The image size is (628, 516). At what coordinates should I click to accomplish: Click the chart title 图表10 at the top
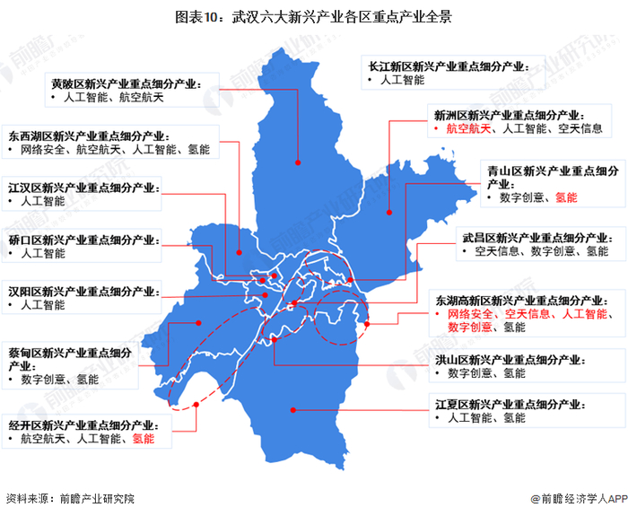[x=313, y=16]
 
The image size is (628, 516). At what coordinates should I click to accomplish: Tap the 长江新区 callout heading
[x=443, y=66]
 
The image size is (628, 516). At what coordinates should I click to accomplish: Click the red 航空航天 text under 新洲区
[x=469, y=129]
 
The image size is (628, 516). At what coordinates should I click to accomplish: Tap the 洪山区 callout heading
[x=510, y=359]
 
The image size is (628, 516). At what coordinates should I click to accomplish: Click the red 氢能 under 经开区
[x=144, y=439]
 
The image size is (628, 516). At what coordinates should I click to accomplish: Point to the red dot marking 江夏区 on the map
[x=292, y=409]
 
